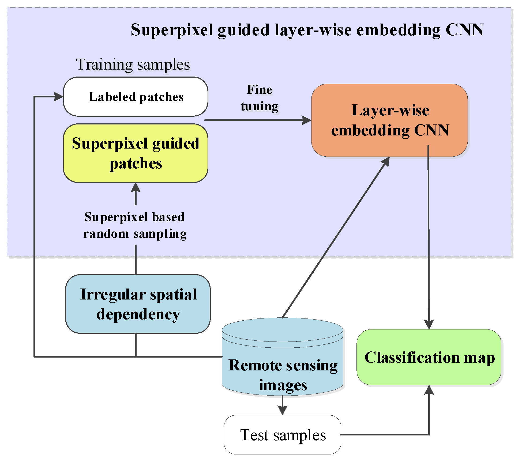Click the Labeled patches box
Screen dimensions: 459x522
click(136, 97)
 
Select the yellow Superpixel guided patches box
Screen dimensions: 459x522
click(136, 153)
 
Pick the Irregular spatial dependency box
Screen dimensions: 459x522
click(138, 304)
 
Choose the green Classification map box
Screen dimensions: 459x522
click(429, 357)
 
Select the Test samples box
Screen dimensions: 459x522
click(283, 435)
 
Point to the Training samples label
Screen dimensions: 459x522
click(133, 65)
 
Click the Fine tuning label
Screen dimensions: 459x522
click(259, 98)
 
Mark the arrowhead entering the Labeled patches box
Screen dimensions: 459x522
click(58, 97)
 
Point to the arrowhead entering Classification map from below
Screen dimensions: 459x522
click(429, 390)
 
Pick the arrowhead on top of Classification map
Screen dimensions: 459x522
click(429, 324)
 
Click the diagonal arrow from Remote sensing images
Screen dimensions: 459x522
click(335, 238)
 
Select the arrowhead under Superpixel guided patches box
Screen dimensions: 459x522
click(136, 188)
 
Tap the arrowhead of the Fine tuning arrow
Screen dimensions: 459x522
click(306, 120)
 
